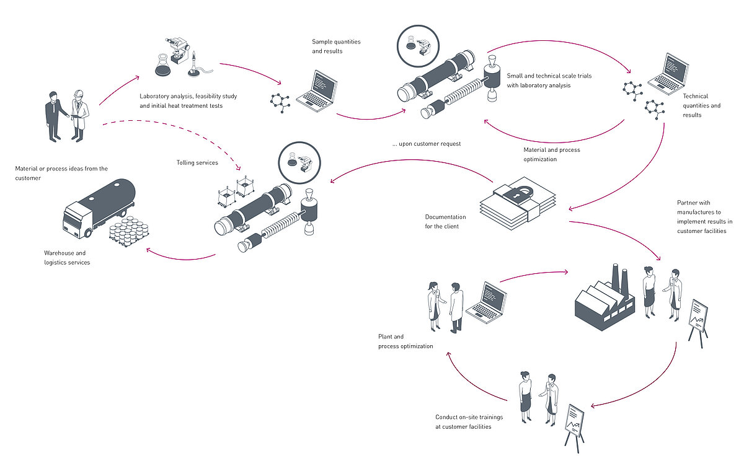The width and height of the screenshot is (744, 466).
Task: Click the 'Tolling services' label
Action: tap(197, 163)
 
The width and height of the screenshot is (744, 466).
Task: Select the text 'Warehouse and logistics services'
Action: tap(67, 258)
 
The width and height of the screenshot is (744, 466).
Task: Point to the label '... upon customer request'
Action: tap(426, 144)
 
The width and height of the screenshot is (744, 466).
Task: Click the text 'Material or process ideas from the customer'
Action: tap(61, 172)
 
